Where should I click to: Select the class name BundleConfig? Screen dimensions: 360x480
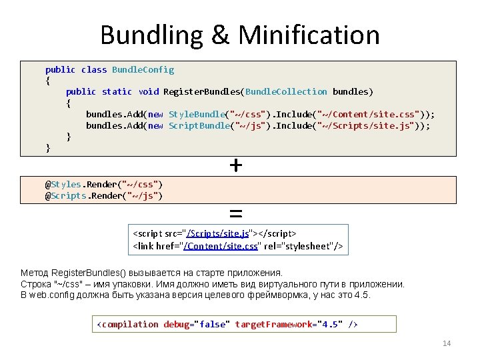(143, 69)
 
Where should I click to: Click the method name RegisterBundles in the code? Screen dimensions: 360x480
(203, 91)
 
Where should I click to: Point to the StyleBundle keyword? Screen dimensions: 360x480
(196, 114)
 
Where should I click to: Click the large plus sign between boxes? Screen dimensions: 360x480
(235, 164)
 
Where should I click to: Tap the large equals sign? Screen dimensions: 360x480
(235, 214)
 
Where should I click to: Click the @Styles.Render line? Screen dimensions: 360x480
(104, 184)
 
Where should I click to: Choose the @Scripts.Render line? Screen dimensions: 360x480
(104, 195)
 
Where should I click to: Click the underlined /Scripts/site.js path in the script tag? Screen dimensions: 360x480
(218, 233)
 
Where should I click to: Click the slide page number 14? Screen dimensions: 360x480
(447, 343)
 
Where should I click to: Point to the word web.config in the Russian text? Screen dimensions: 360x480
(46, 295)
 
